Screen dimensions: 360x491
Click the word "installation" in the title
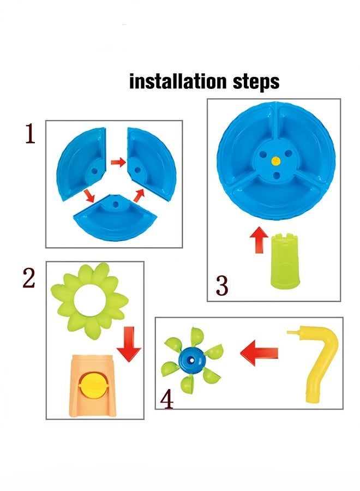coord(178,81)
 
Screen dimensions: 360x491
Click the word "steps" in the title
coord(256,82)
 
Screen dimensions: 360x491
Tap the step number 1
coord(30,134)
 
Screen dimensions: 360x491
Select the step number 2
coord(29,279)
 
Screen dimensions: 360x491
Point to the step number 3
coord(222,285)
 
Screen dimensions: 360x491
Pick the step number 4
coord(167,399)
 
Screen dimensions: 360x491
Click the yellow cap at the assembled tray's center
coord(276,161)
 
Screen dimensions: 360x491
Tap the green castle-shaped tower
coord(285,261)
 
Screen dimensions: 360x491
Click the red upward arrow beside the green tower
coord(259,239)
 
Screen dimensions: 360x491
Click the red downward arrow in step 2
coord(129,344)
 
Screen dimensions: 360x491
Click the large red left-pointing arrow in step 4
coord(259,352)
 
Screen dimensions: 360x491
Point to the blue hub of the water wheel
coord(191,360)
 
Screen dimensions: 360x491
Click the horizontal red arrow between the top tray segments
coord(118,162)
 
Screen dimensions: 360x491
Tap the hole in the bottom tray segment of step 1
coord(116,205)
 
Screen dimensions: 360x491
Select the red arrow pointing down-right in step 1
coord(89,196)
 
